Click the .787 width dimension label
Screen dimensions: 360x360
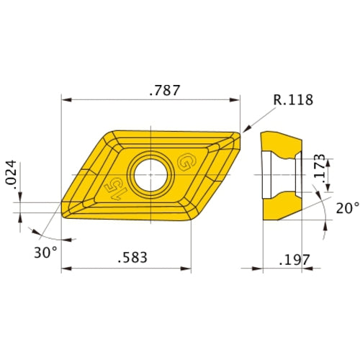[x=163, y=91]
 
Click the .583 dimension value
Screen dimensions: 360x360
[x=127, y=257]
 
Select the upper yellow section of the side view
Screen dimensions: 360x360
[x=281, y=143]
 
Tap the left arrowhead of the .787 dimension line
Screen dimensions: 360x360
[x=65, y=99]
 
